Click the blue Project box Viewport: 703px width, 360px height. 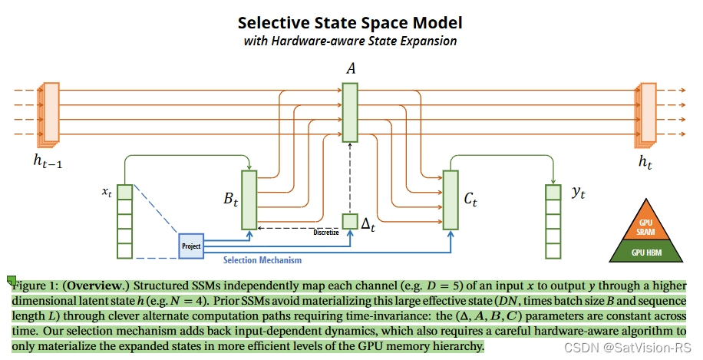(x=191, y=246)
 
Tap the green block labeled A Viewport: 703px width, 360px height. (x=350, y=112)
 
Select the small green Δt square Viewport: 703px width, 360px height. (x=350, y=222)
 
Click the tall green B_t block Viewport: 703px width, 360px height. (x=249, y=200)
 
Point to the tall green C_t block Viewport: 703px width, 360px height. (x=451, y=200)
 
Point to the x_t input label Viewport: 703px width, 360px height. (x=107, y=192)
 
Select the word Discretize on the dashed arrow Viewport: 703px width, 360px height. (x=325, y=232)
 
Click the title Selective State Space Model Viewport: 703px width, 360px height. (x=350, y=22)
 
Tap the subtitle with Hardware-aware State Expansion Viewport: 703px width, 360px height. (x=350, y=41)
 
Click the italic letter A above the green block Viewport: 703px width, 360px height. (x=351, y=69)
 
